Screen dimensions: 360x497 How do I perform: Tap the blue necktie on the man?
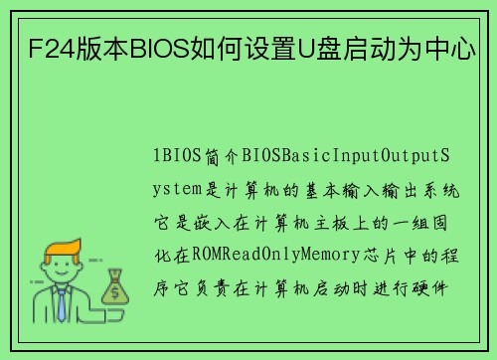(x=62, y=303)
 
